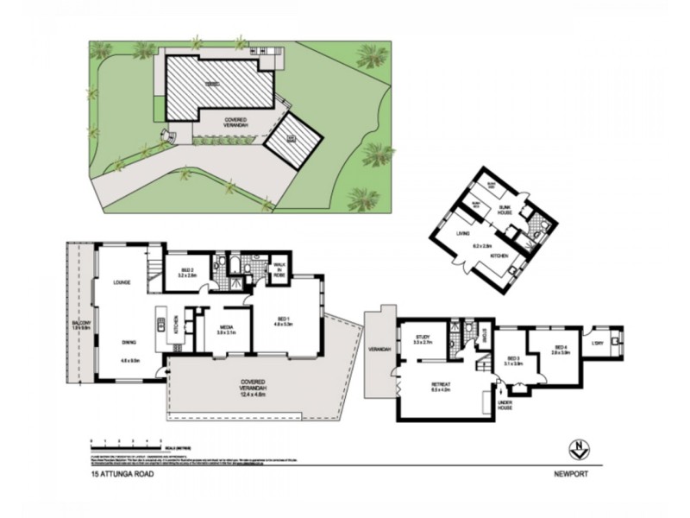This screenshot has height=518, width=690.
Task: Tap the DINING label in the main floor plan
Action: click(130, 342)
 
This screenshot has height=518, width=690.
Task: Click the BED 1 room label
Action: click(285, 318)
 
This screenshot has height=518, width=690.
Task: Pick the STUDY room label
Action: click(423, 338)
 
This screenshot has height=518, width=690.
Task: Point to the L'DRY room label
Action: click(597, 344)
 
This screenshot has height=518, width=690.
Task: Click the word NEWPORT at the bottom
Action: click(572, 474)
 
